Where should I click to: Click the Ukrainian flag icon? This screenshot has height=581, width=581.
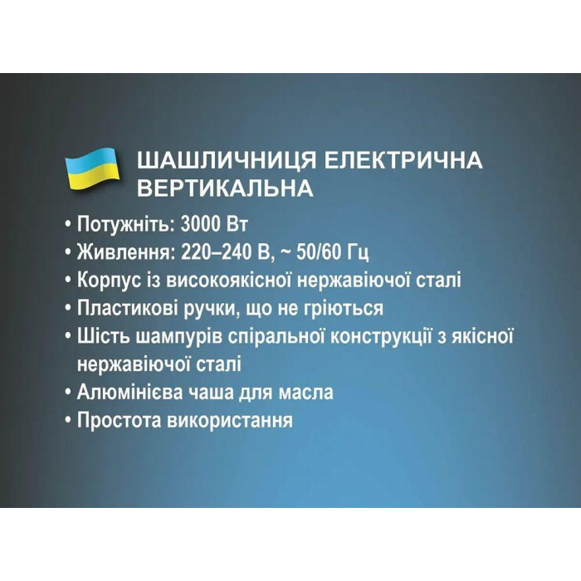pos(92,167)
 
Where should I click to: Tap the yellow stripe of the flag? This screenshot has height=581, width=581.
pos(93,176)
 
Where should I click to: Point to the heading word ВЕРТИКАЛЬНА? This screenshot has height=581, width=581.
pos(224,188)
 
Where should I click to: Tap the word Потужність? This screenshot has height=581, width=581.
pos(121,224)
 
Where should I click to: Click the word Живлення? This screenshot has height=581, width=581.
pos(122,252)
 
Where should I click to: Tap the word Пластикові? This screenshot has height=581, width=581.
pos(120,309)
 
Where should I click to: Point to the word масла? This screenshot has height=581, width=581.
pos(306,392)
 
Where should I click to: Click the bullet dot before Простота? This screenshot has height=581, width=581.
pos(66,420)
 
